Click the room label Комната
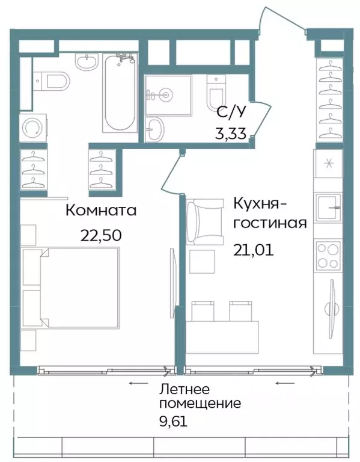100,211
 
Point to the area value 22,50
101,234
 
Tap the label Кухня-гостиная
270,212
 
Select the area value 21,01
253,248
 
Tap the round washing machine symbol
31,128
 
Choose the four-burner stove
328,254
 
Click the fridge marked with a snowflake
328,164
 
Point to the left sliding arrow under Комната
138,383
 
